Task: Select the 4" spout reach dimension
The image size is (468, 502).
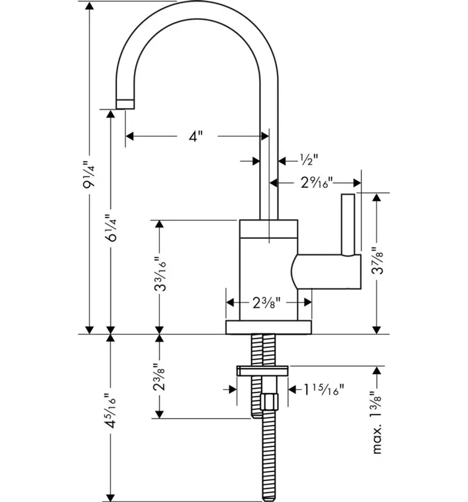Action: pos(195,136)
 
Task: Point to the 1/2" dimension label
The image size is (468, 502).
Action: pos(309,159)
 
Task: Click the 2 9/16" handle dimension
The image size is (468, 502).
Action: pos(317,182)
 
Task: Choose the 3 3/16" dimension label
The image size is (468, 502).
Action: pos(160,274)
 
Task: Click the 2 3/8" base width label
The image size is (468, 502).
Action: pos(266,302)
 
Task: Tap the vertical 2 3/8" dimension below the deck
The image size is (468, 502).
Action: pos(159,377)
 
